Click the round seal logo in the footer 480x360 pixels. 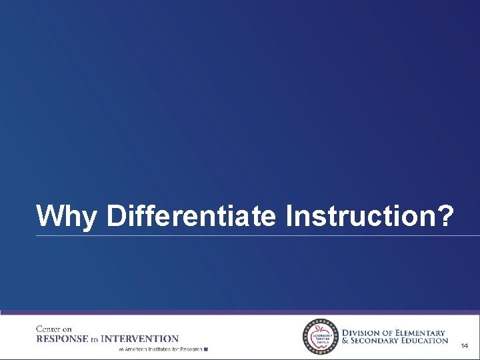point(321,336)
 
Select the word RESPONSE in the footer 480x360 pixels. point(63,339)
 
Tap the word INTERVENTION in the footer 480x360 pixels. point(146,339)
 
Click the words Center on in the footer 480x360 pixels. point(54,329)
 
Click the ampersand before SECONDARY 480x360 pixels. point(345,341)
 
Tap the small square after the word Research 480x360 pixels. point(207,349)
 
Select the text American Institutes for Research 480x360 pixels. point(163,349)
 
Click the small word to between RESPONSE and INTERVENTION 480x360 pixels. point(95,339)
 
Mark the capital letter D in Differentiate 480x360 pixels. point(115,216)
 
